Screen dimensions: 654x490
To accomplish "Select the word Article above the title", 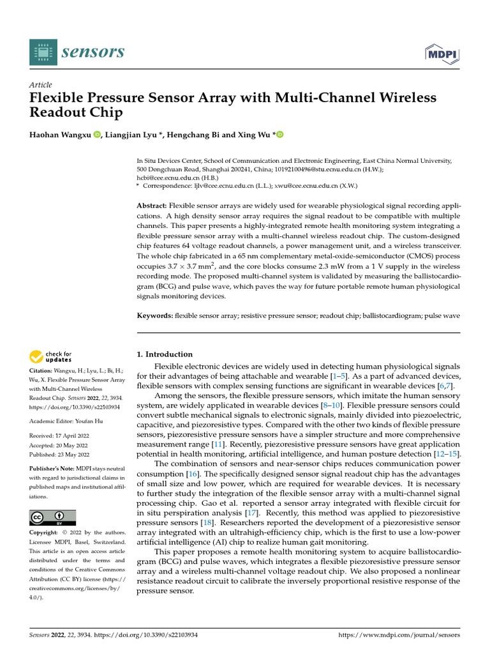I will [41, 85].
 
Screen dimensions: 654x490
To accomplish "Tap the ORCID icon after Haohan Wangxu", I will [97, 135].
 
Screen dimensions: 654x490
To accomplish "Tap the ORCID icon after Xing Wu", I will [279, 135].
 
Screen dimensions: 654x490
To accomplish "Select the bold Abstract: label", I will [152, 206].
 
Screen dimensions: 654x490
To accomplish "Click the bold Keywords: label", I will [155, 316].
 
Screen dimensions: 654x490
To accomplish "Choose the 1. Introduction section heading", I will [165, 354].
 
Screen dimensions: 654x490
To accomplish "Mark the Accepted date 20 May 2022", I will [73, 445].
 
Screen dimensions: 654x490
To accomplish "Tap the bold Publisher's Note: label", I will [54, 468].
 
